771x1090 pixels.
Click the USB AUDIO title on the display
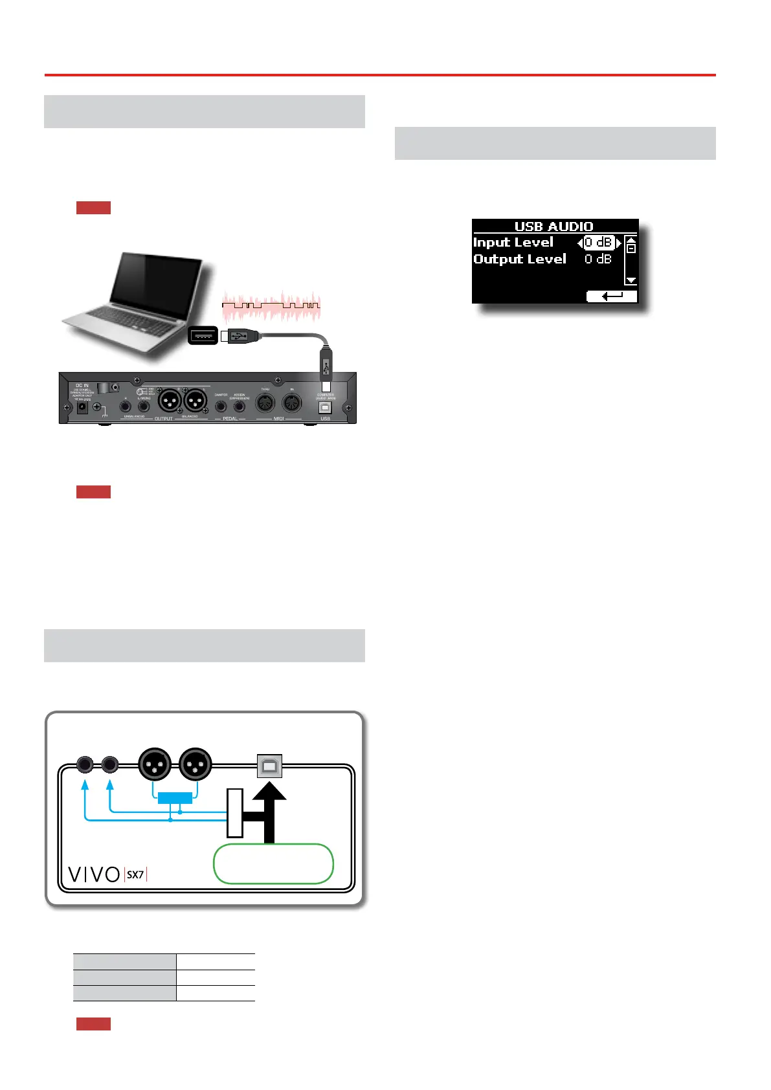tap(553, 227)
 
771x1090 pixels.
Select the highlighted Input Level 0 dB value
tap(599, 243)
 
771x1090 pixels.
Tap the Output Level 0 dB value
tap(598, 259)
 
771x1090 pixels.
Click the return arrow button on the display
tap(612, 296)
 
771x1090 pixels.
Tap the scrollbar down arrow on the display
tap(631, 280)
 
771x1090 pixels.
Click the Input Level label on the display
tap(513, 243)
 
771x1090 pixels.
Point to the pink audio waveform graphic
tap(271, 307)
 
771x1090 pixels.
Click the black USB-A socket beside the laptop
tap(203, 335)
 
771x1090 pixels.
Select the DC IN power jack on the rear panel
tap(83, 408)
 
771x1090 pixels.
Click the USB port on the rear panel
tap(326, 406)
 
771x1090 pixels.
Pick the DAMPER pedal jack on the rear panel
tap(221, 406)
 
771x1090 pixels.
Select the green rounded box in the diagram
tap(273, 863)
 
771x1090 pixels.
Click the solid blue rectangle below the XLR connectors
tap(175, 797)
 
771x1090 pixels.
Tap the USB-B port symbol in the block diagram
tap(269, 766)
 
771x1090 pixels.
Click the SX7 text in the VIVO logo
tap(135, 874)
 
